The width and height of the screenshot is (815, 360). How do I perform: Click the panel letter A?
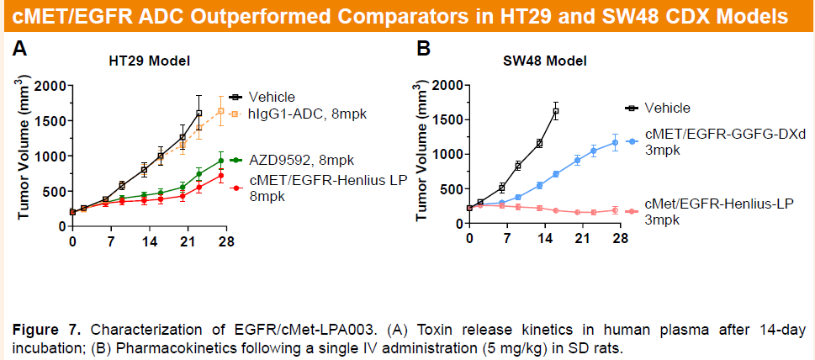click(x=19, y=50)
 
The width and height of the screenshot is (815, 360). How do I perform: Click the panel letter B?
click(x=424, y=50)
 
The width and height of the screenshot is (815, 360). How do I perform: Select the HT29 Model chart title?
click(x=149, y=61)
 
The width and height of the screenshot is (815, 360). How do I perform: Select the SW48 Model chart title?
click(x=544, y=61)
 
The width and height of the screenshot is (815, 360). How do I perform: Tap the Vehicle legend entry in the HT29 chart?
click(x=271, y=97)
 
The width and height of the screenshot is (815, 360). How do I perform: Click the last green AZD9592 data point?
click(x=221, y=161)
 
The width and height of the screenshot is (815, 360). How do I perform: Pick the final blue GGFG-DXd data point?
click(x=614, y=142)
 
